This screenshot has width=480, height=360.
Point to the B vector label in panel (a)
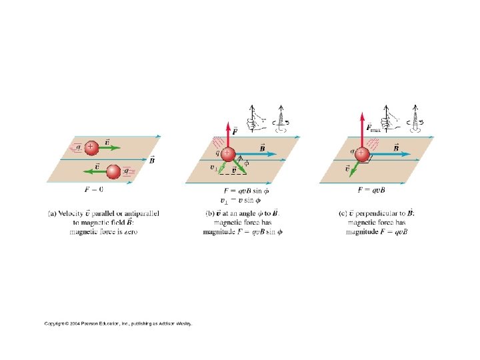tap(153, 160)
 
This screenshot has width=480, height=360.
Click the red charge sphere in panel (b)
tap(227, 154)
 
